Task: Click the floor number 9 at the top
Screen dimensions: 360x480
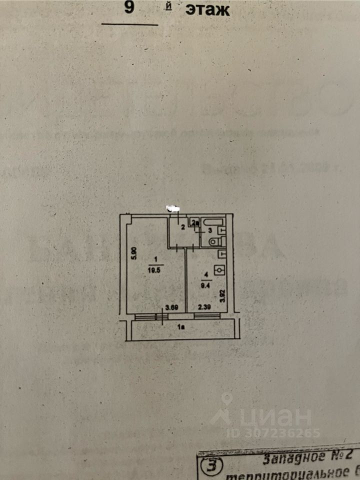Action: tap(129, 8)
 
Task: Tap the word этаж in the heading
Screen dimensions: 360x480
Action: tap(207, 9)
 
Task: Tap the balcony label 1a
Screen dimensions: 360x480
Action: tap(182, 327)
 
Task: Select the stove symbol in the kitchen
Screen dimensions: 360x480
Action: tap(219, 270)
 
